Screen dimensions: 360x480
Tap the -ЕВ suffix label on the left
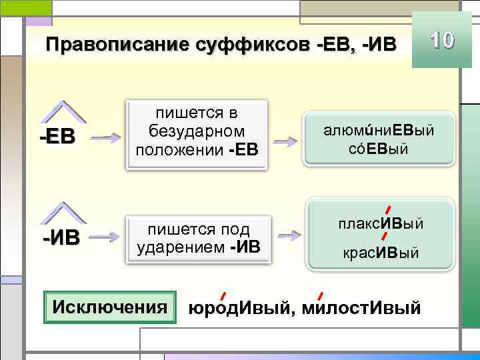click(58, 137)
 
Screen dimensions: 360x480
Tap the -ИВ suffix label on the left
click(61, 237)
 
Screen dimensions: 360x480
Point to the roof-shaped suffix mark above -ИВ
click(65, 212)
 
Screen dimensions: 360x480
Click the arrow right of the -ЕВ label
click(105, 137)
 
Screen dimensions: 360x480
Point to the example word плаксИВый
click(381, 222)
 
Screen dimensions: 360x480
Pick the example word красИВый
click(381, 253)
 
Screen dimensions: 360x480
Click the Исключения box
click(109, 307)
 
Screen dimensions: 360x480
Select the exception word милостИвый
click(361, 309)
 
